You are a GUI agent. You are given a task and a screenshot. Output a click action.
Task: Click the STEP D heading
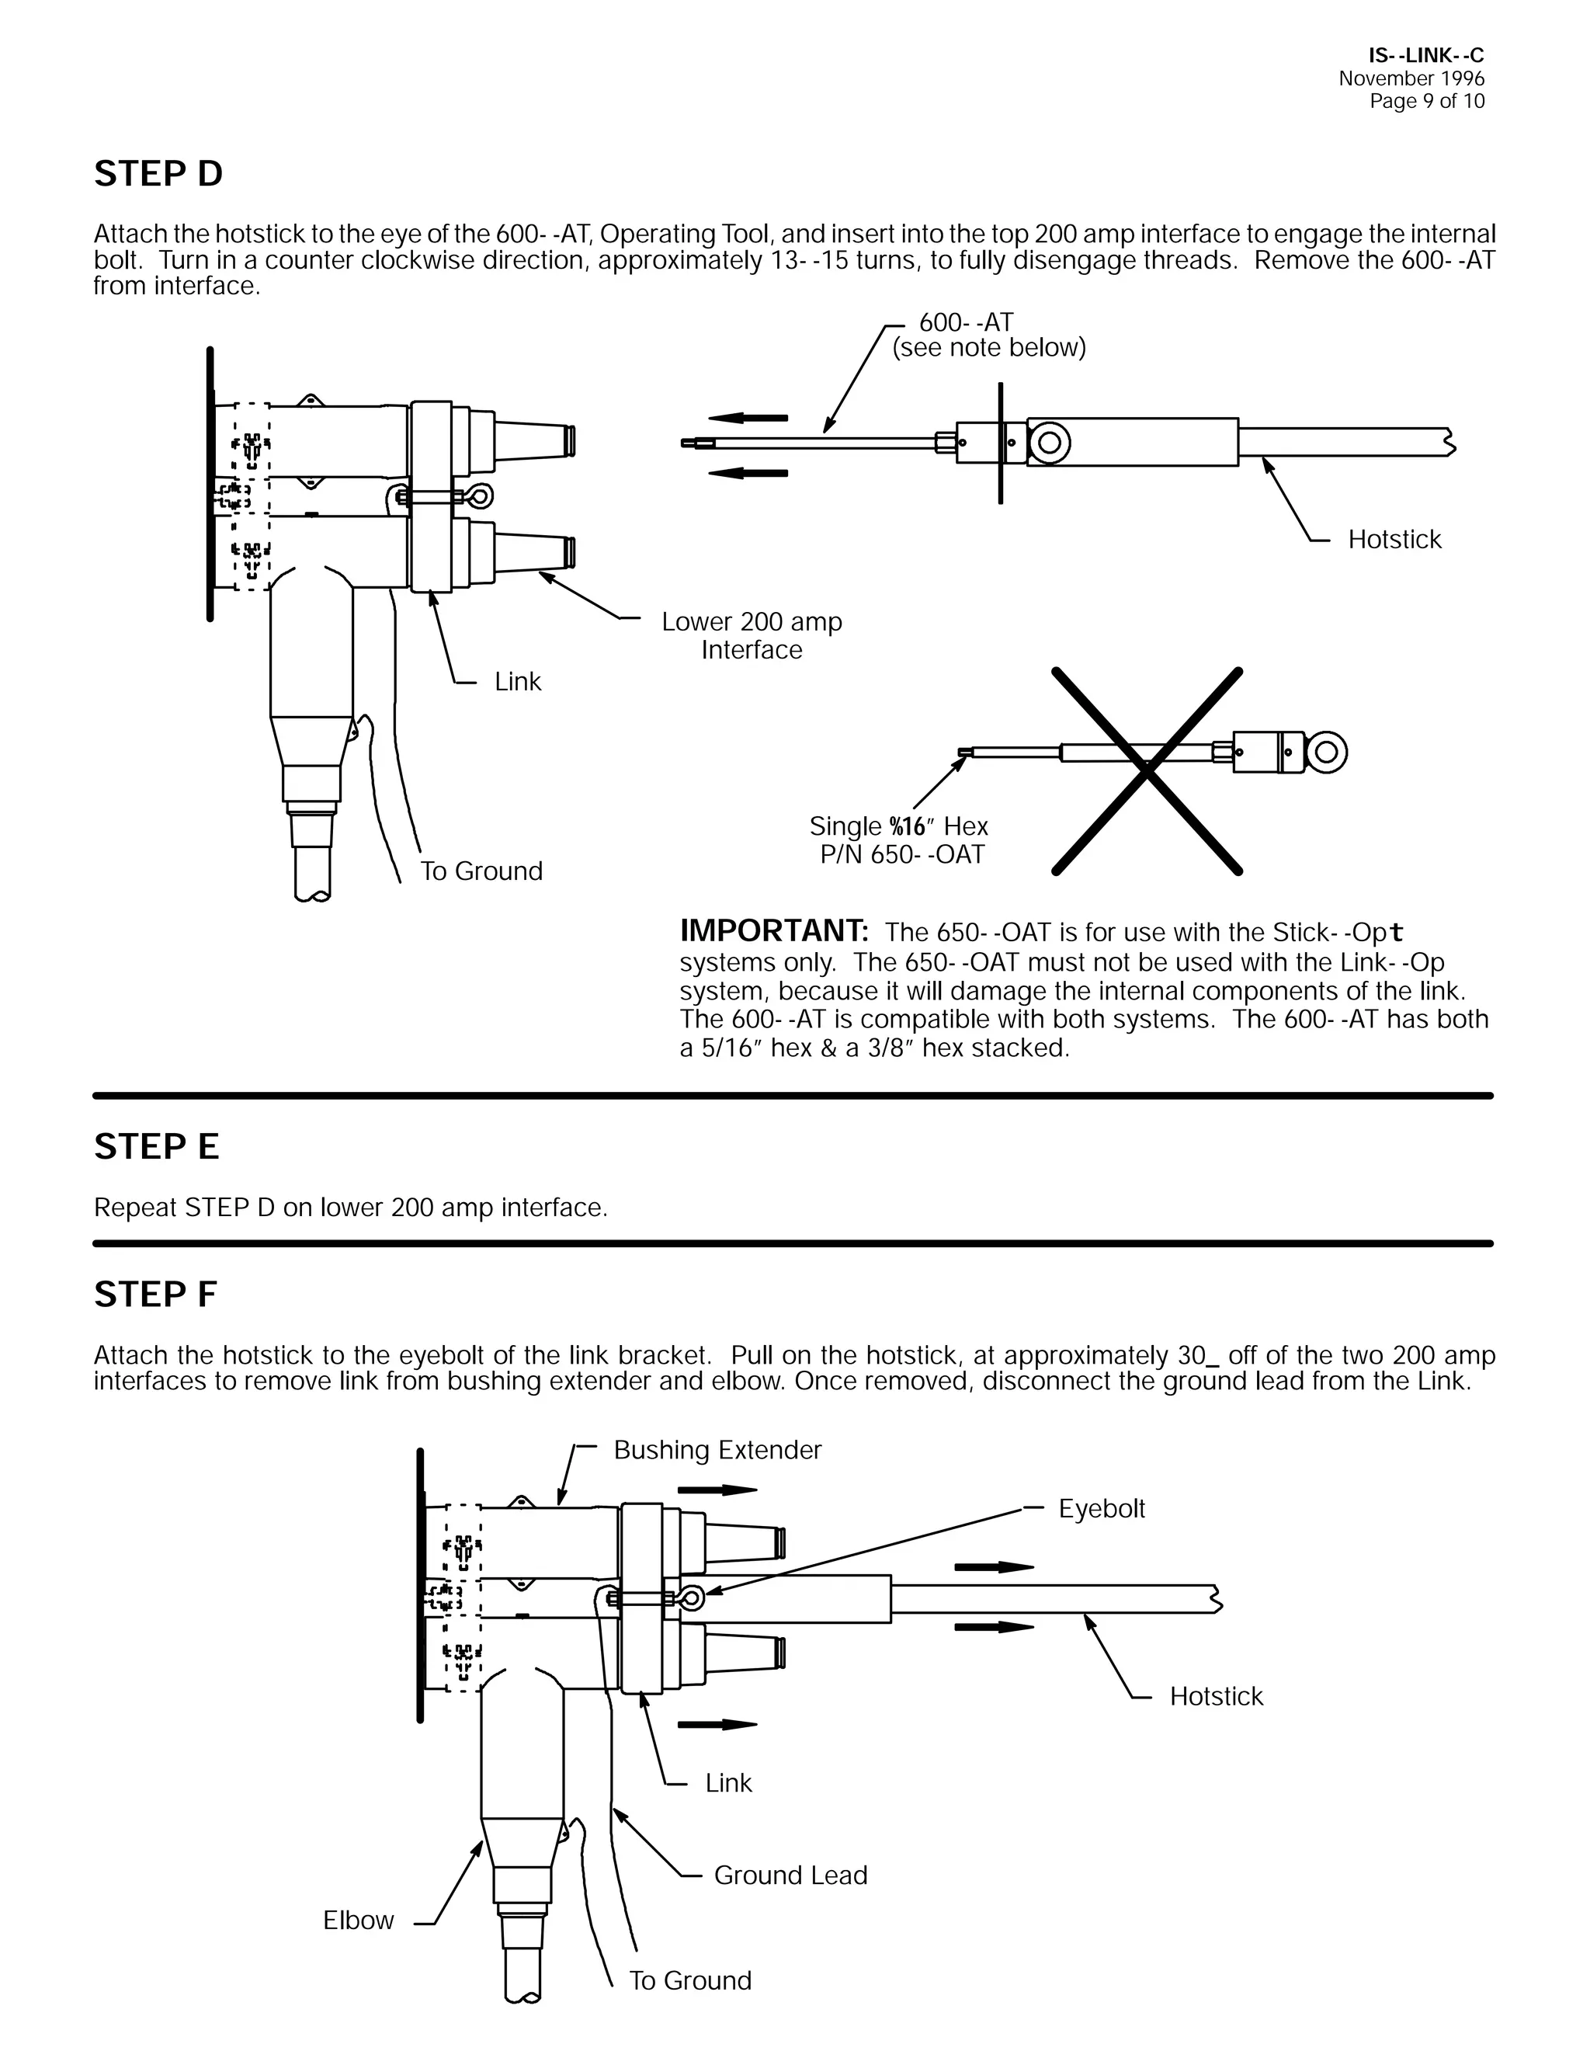(x=158, y=174)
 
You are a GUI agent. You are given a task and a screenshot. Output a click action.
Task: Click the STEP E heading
(x=156, y=1147)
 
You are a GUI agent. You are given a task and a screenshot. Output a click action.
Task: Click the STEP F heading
(x=155, y=1295)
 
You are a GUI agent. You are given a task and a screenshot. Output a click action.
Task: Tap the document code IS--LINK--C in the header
(x=1426, y=57)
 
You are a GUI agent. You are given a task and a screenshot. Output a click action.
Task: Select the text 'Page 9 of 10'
(x=1427, y=102)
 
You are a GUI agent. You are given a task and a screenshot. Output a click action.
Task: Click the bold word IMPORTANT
(x=773, y=931)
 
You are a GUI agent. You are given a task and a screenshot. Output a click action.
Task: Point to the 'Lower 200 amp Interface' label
(x=752, y=636)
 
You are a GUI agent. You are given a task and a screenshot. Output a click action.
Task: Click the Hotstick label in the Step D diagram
(x=1394, y=540)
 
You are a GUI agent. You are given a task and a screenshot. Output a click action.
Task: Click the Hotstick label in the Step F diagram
(x=1216, y=1696)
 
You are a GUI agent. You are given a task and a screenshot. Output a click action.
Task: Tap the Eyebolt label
(x=1101, y=1509)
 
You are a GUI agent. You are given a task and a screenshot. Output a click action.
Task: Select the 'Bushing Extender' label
(x=717, y=1449)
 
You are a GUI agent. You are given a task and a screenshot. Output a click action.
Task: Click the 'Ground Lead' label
(x=790, y=1875)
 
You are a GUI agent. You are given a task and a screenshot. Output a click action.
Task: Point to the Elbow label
(x=358, y=1921)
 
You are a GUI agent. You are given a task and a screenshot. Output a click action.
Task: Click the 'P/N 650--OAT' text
(x=901, y=855)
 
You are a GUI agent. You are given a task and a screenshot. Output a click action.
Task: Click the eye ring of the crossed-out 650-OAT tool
(x=1326, y=752)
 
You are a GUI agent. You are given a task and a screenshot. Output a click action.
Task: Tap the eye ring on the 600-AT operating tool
(x=1050, y=442)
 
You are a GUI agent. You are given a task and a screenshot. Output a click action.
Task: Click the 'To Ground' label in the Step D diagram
(x=481, y=871)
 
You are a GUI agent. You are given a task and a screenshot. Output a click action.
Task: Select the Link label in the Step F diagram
(x=728, y=1783)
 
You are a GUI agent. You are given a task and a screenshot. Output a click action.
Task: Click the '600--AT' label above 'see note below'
(x=966, y=322)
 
